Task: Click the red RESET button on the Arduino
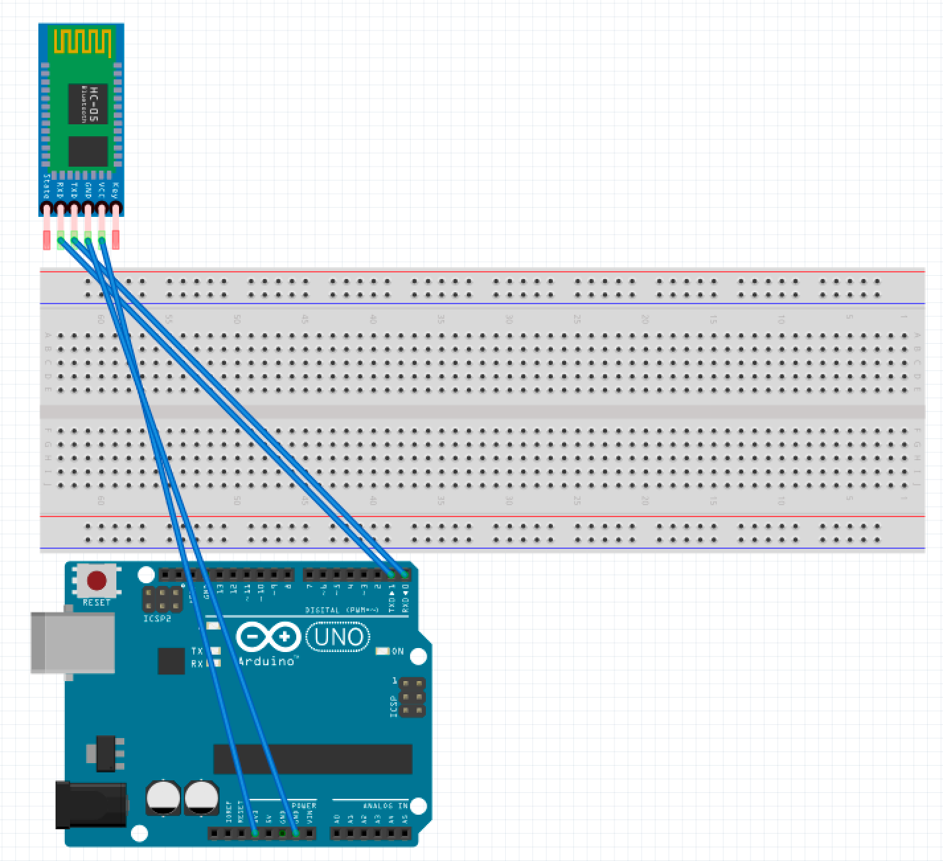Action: coord(97,581)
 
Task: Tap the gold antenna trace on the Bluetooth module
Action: coord(82,41)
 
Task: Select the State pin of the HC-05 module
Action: coord(46,209)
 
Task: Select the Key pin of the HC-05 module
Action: coord(116,209)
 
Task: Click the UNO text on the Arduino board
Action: coord(338,637)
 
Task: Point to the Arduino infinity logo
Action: coord(268,637)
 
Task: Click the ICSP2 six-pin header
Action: coord(162,599)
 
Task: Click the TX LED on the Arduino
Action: coord(213,651)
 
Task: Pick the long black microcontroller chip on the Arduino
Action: coord(312,758)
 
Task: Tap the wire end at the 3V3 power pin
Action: coord(255,833)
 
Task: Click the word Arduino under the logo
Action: coord(266,661)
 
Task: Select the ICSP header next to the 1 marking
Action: coord(412,698)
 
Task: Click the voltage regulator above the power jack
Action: coord(105,753)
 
